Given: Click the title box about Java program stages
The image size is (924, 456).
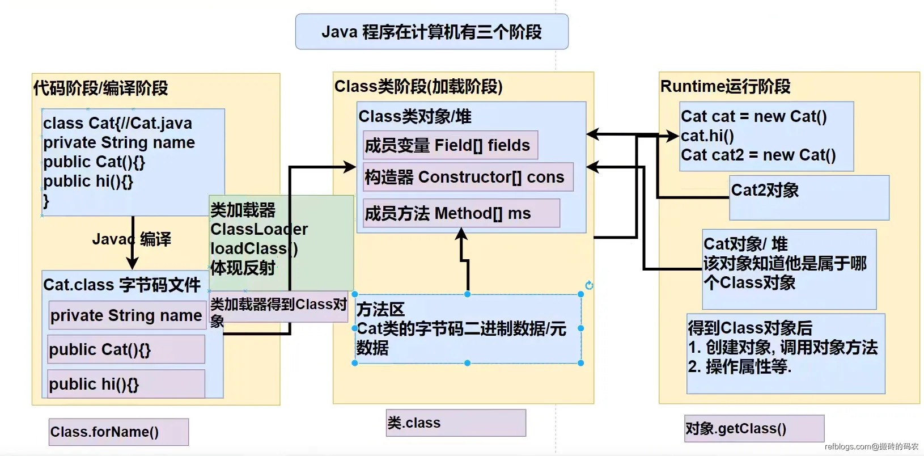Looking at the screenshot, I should [431, 32].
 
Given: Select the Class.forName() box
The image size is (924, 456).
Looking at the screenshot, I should [118, 432].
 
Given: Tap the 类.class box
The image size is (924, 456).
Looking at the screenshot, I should [456, 423].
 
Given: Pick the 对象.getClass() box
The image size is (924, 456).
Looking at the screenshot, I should [754, 429].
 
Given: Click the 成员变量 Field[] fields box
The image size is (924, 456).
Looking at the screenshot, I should [450, 145].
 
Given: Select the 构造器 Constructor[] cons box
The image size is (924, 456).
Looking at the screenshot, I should [468, 177].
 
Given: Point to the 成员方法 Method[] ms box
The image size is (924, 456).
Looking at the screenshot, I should [461, 213].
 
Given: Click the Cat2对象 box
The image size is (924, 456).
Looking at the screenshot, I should [808, 197].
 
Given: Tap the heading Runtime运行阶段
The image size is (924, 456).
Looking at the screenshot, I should [725, 86].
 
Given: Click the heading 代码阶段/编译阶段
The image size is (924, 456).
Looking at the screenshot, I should [100, 88].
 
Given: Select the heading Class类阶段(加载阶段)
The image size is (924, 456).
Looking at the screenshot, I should [418, 86].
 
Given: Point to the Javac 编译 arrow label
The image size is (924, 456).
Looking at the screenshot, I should [132, 239].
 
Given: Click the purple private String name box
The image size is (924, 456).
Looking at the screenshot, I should [126, 315].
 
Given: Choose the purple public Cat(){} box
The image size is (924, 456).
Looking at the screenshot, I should [126, 349].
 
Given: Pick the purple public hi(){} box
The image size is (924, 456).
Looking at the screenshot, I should [126, 384].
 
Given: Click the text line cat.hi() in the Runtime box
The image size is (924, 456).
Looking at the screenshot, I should [707, 136].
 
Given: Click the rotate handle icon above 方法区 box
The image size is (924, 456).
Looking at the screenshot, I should [589, 285].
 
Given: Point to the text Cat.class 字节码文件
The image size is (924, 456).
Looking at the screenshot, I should [122, 285].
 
